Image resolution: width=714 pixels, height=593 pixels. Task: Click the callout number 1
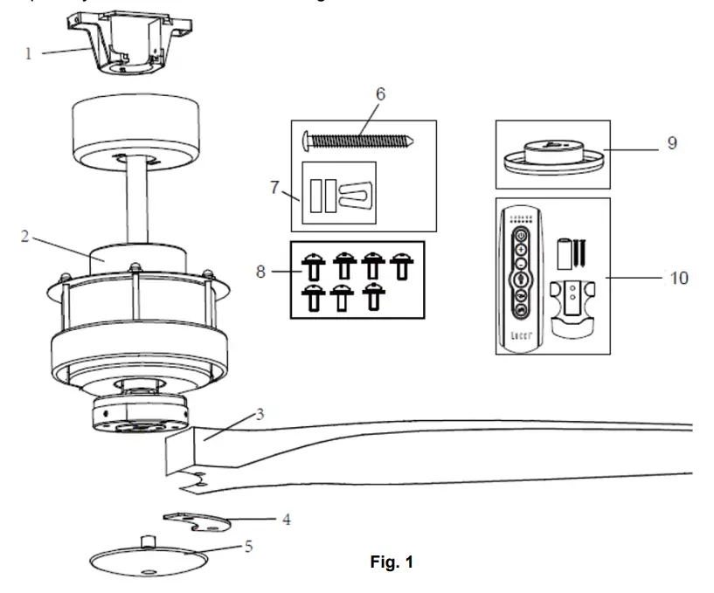pyautogui.click(x=28, y=53)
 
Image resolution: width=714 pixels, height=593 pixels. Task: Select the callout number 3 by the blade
pyautogui.click(x=260, y=414)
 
